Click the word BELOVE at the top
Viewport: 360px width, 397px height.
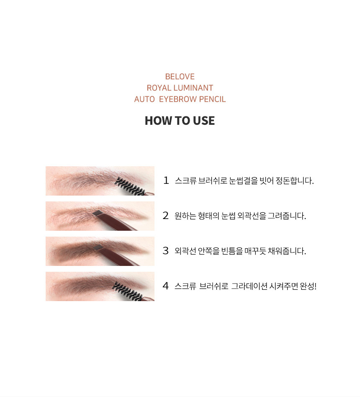click(x=180, y=77)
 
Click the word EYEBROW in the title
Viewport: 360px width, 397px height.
click(x=178, y=99)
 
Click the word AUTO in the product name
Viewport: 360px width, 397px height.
click(x=144, y=99)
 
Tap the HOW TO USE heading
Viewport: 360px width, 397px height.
click(x=180, y=121)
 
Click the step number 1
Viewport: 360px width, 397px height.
click(x=166, y=180)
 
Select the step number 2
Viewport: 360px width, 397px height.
click(x=166, y=216)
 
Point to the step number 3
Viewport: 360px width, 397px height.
click(x=166, y=251)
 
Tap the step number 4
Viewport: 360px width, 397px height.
click(x=166, y=286)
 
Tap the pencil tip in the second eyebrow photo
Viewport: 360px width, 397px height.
click(x=97, y=213)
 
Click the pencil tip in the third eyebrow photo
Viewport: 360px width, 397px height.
click(x=98, y=247)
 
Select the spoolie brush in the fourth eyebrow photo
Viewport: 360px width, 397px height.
click(x=128, y=291)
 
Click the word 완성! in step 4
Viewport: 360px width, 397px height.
click(x=308, y=286)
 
